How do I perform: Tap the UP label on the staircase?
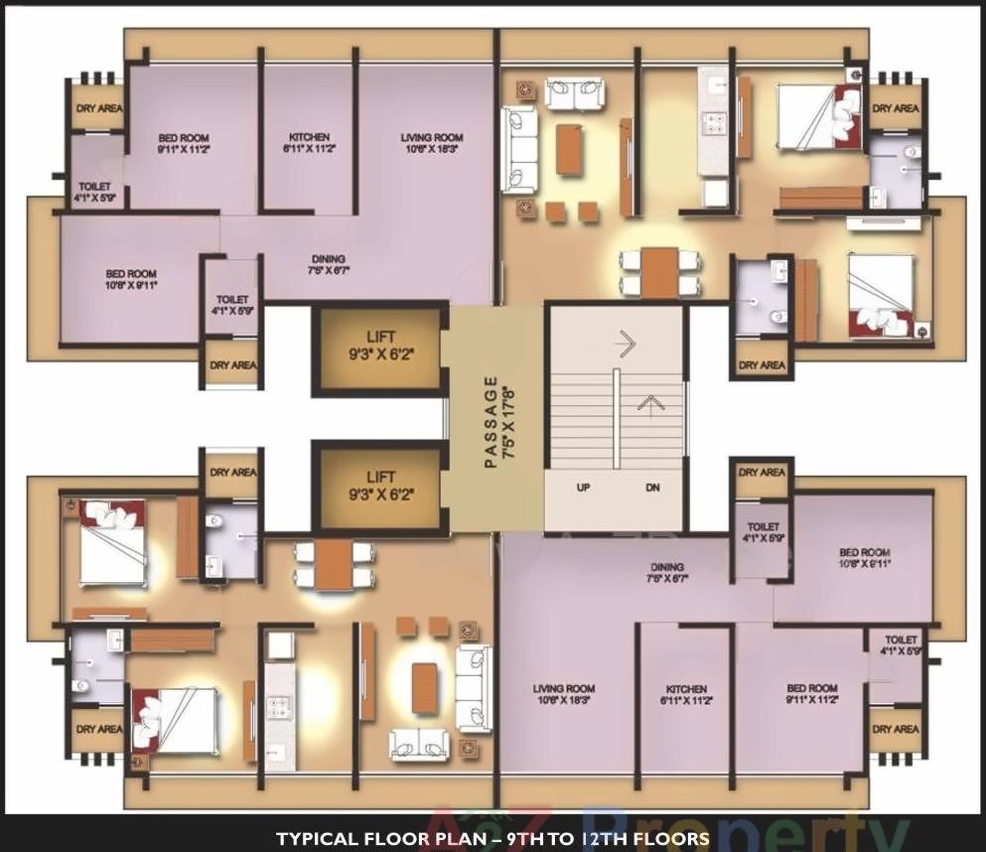(x=584, y=488)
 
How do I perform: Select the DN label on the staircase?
(x=651, y=488)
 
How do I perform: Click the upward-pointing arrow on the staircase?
(x=650, y=402)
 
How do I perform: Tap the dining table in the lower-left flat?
(x=335, y=565)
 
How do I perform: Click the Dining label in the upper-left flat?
(x=328, y=262)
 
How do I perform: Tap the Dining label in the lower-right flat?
(x=667, y=570)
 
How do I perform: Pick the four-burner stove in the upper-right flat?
(x=714, y=123)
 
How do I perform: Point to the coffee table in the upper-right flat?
(x=568, y=148)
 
